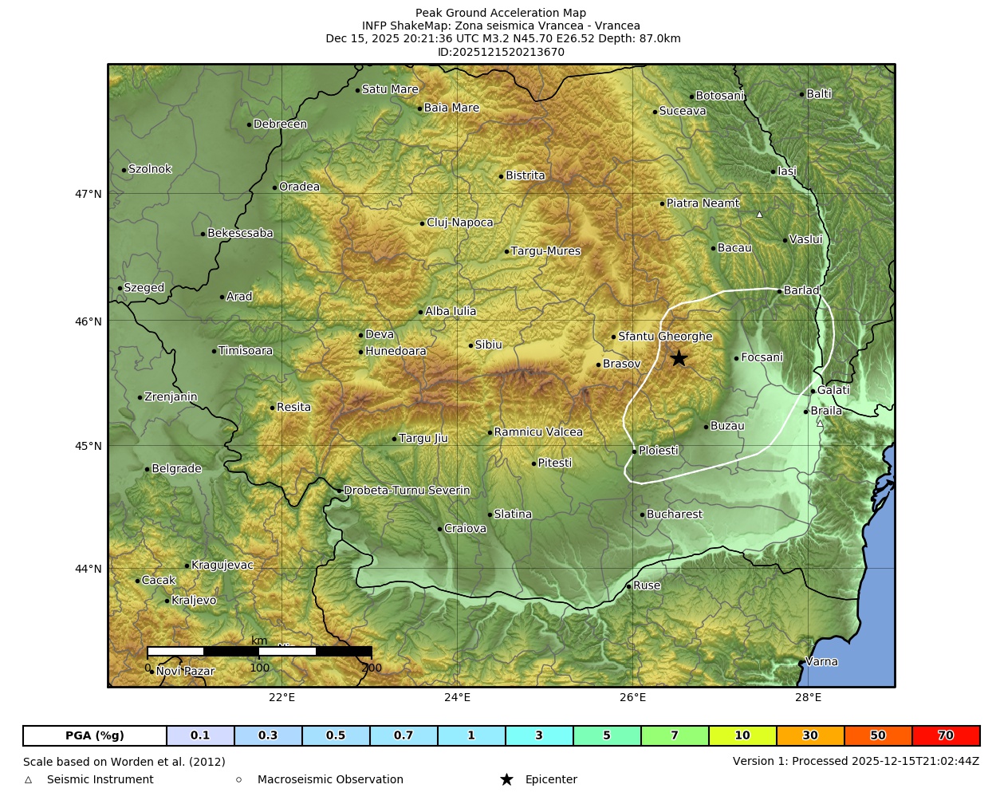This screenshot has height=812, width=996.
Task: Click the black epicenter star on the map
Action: tap(679, 358)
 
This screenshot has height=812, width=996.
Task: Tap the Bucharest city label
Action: tap(674, 514)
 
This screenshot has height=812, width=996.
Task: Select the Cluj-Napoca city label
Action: tap(459, 223)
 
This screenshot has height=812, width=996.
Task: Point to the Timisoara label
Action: tap(245, 351)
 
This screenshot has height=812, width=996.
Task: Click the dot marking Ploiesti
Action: tap(634, 451)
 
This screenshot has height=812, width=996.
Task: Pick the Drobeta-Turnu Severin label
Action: tap(407, 491)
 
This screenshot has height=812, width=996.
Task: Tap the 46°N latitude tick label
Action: tap(89, 321)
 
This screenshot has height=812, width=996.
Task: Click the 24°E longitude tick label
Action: tap(457, 698)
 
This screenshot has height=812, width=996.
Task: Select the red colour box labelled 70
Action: tap(945, 735)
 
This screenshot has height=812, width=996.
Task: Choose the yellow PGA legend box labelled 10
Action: tap(742, 735)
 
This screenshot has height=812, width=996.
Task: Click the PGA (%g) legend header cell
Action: tap(95, 735)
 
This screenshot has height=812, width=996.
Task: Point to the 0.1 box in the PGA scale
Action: tap(200, 735)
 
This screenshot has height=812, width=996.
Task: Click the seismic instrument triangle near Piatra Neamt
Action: tap(759, 214)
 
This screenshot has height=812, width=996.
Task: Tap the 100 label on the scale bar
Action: tap(260, 668)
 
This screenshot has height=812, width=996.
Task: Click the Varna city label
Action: tap(821, 661)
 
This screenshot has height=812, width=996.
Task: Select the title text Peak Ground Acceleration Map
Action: tap(501, 13)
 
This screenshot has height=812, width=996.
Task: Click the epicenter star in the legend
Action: tap(506, 779)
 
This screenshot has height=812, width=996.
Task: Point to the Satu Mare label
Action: tap(390, 89)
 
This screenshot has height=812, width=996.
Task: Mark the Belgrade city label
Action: tap(176, 469)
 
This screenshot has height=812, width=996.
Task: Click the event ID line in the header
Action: tap(501, 52)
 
